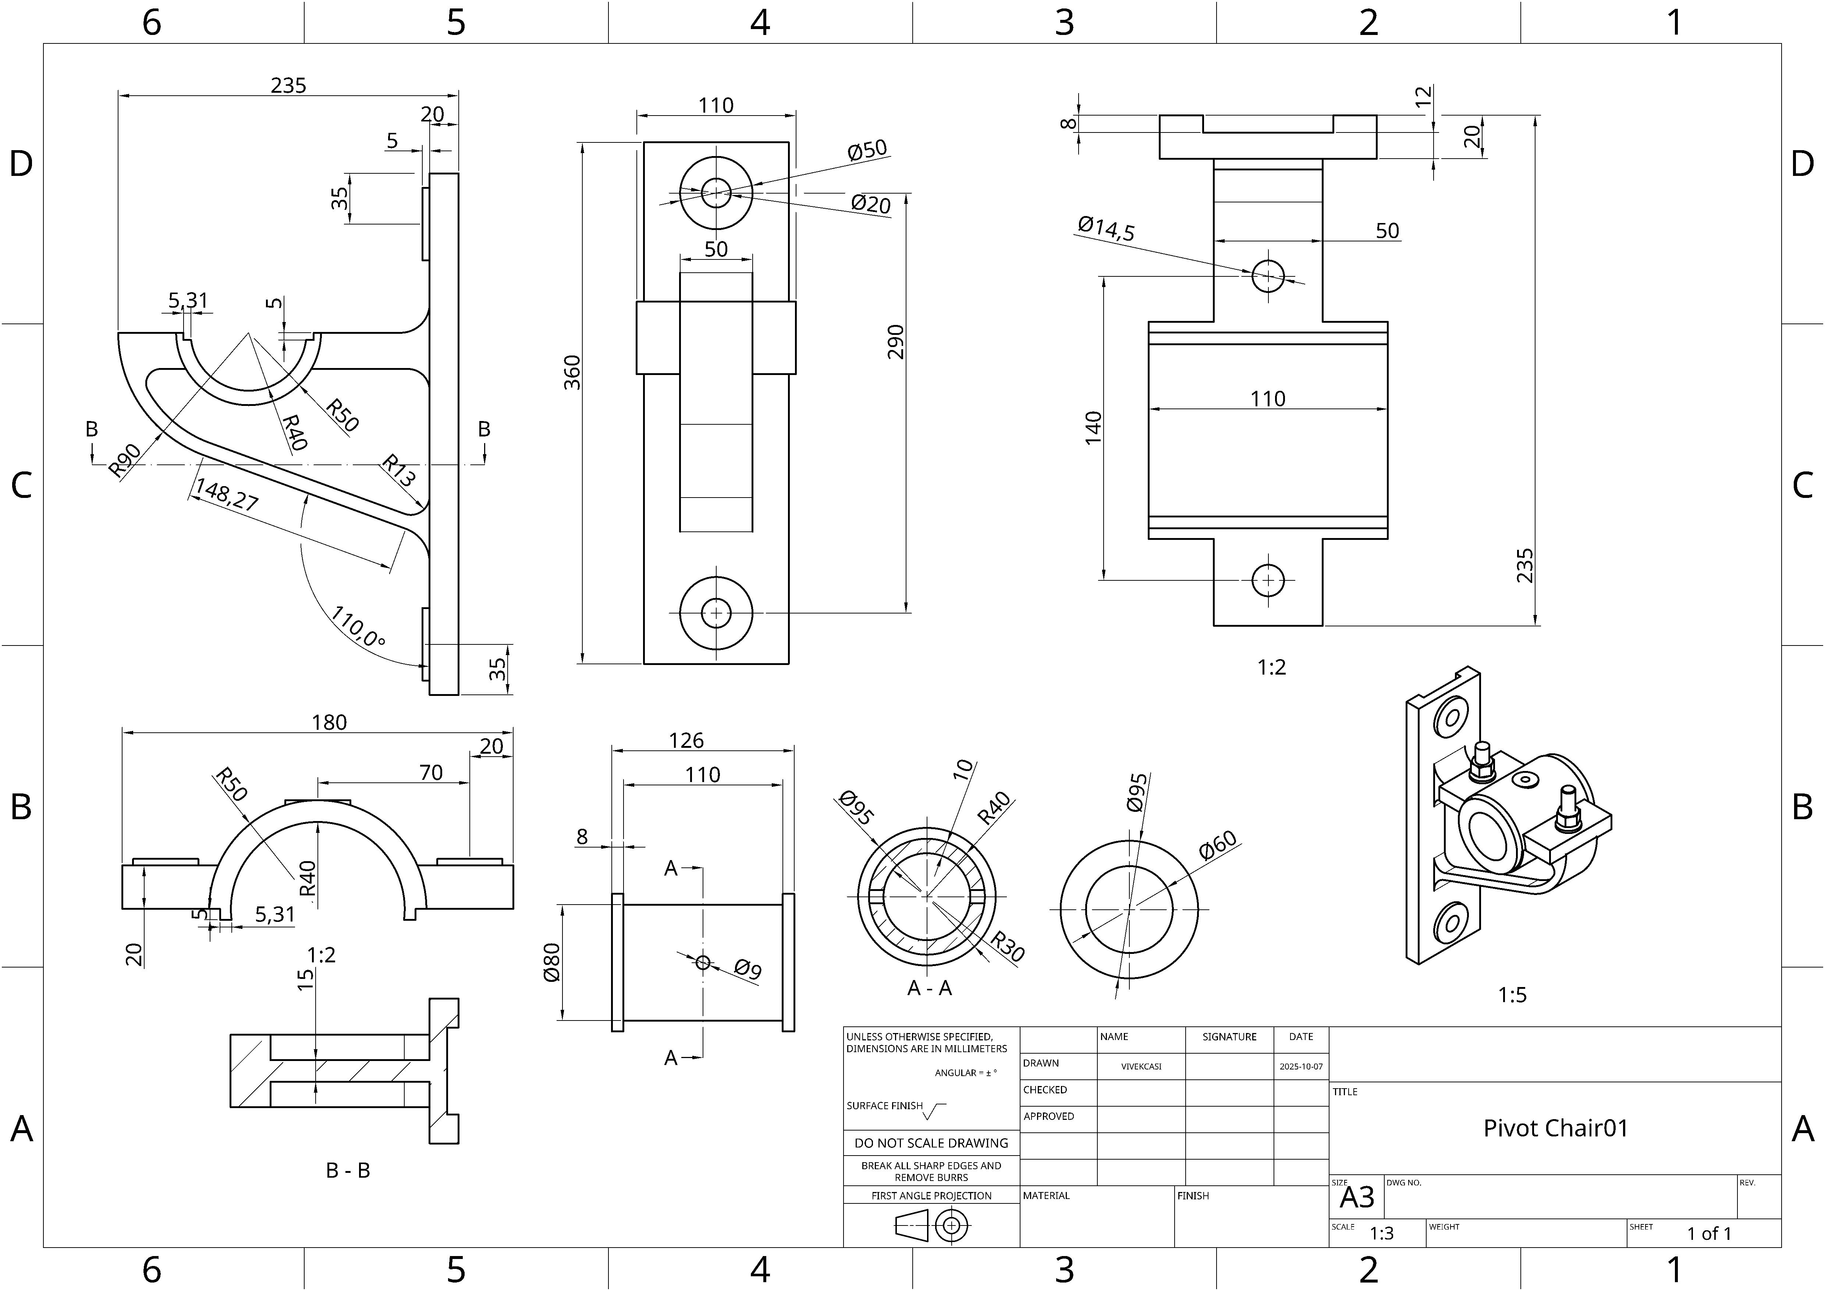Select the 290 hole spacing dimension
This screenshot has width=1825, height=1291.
(896, 342)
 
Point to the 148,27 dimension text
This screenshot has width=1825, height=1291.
(227, 495)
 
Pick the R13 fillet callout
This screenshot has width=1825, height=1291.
(398, 470)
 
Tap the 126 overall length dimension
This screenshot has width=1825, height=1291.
(686, 740)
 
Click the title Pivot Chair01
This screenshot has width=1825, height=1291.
(1556, 1128)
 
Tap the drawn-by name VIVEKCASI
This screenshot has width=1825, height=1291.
(1141, 1066)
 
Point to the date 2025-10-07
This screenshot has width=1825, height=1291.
(1301, 1066)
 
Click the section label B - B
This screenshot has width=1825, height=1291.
(348, 1170)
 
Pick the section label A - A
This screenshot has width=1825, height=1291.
(929, 988)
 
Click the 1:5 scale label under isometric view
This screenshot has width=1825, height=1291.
(1512, 994)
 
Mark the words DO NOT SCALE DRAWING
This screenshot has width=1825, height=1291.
(931, 1143)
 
